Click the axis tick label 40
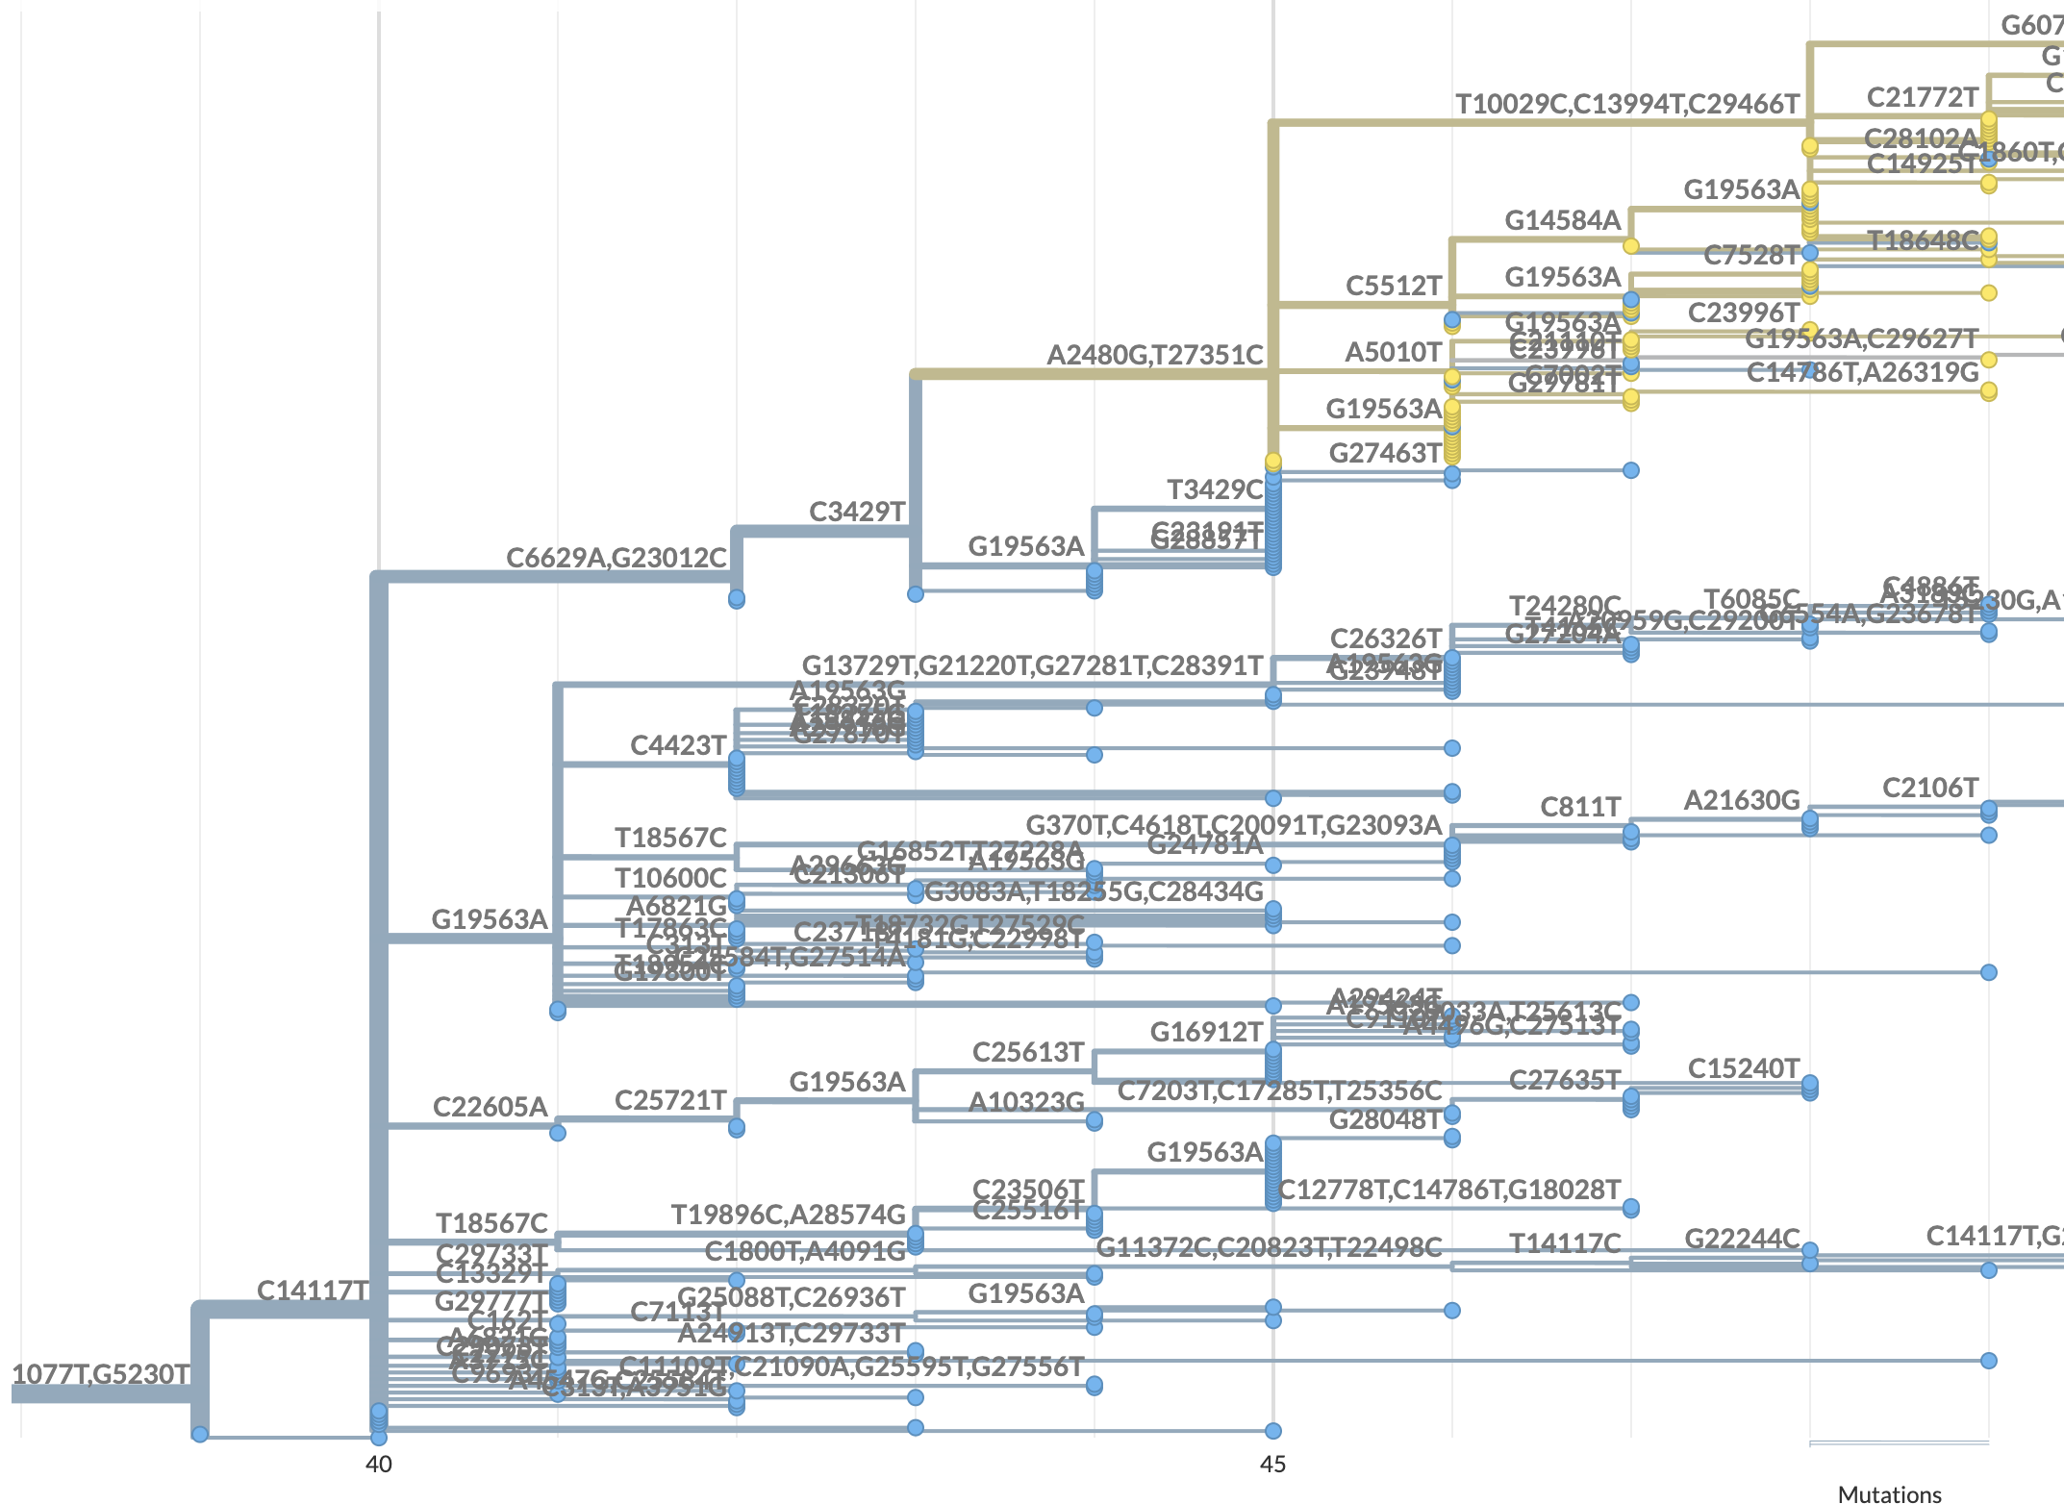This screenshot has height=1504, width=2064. coord(378,1464)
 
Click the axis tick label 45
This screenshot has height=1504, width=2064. coord(1272,1464)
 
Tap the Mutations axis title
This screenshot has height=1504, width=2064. coord(1889,1493)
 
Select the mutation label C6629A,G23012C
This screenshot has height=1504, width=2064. coord(616,558)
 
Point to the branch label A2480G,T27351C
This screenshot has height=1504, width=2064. coord(1154,355)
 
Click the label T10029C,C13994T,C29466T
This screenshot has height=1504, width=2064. coord(1626,104)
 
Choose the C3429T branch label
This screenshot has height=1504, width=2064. coord(857,512)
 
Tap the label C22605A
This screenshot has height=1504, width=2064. coord(490,1107)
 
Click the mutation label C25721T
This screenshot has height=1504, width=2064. coord(670,1100)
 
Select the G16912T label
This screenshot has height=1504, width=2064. coord(1206,1033)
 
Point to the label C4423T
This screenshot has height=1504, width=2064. coord(678,745)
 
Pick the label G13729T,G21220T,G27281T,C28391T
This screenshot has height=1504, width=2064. coord(1032,665)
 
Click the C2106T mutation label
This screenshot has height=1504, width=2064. coord(1929,789)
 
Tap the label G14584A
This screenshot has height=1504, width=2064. coord(1563,221)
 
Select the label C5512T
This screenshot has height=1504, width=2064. coord(1394,286)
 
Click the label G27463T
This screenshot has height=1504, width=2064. coord(1385,453)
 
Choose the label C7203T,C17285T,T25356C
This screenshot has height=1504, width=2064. coord(1279,1090)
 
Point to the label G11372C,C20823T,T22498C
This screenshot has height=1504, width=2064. coord(1269,1247)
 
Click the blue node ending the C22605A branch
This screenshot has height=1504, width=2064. coord(558,1133)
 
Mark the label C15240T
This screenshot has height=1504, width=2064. coord(1743,1068)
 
